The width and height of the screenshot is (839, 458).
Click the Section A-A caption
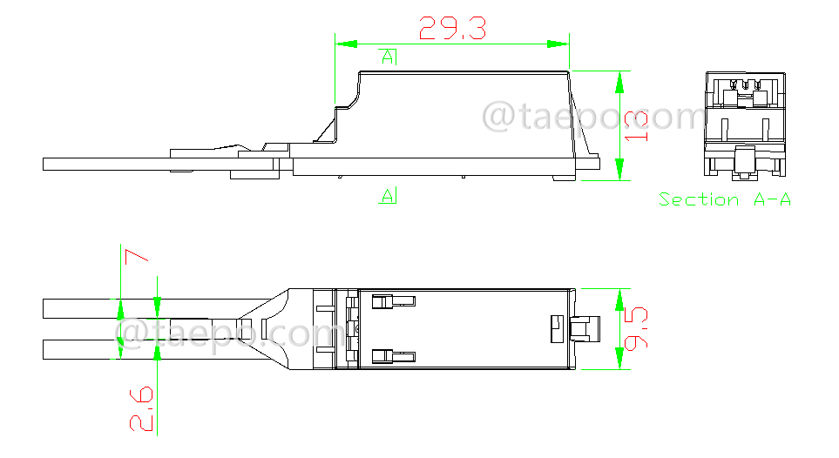(x=725, y=199)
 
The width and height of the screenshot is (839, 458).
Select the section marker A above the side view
(x=389, y=57)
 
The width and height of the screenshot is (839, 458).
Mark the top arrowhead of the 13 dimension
(x=619, y=83)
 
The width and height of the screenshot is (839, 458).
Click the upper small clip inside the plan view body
(x=393, y=301)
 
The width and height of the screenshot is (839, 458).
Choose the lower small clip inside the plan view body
(x=393, y=355)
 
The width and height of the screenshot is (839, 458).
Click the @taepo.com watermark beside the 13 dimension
(x=592, y=117)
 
